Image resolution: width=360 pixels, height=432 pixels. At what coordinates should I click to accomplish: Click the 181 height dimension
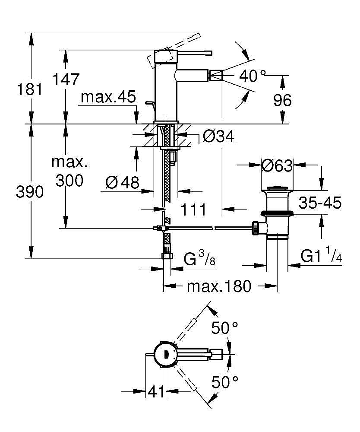point(30,89)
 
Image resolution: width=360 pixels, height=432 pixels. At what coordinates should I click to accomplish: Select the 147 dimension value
point(66,79)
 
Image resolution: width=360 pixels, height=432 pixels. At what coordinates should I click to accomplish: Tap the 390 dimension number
point(30,192)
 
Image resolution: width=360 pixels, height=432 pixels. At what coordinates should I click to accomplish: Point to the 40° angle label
point(253,76)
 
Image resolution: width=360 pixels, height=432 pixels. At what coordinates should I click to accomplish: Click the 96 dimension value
point(282,100)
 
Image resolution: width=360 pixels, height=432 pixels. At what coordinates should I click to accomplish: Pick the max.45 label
point(108,97)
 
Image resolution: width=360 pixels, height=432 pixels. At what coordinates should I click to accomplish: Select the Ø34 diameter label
point(219,136)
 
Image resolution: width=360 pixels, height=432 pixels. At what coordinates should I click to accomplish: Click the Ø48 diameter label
point(123,182)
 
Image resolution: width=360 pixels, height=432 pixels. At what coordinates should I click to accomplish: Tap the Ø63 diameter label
point(277,165)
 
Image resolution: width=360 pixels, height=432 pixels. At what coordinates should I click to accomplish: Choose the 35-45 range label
point(320,203)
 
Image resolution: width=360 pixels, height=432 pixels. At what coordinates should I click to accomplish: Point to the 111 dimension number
point(193,210)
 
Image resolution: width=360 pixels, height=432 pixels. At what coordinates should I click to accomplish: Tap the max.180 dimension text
point(219,286)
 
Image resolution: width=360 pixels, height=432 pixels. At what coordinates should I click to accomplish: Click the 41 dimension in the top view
point(156,391)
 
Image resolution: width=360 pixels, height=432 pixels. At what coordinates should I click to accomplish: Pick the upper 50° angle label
point(224,328)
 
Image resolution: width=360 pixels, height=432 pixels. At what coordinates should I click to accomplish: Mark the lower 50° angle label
point(225,382)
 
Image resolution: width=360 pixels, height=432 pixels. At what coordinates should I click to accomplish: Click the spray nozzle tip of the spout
point(216,76)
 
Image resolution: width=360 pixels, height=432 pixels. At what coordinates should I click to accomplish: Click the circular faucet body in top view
point(164,354)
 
